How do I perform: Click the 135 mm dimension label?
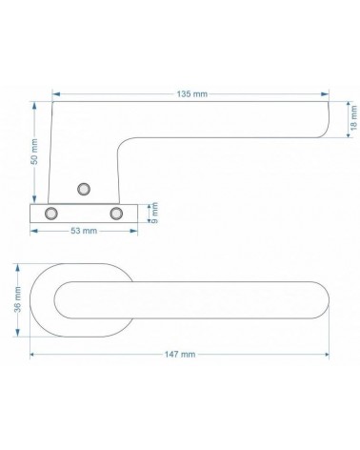pos(192,94)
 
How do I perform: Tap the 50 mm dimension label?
pos(34,152)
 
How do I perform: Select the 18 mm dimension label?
pos(353,118)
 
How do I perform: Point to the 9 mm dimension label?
pos(154,213)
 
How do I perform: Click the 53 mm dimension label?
pos(84,231)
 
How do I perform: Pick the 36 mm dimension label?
pos(17,299)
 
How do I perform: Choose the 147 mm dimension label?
pos(180,354)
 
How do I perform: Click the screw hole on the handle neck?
pos(84,189)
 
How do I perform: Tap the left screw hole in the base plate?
pos(51,214)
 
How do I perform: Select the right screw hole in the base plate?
pos(116,214)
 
